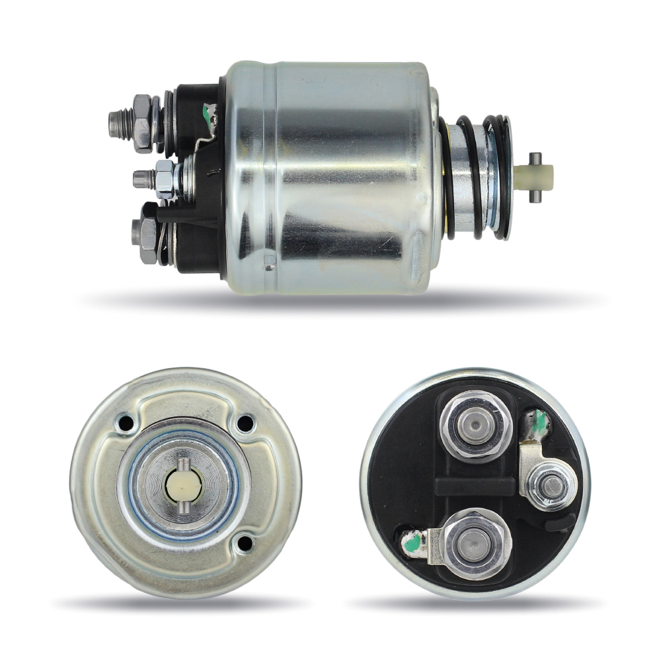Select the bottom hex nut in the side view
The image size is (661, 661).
pos(147,233)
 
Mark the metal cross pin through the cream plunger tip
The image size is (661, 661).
pos(535,159)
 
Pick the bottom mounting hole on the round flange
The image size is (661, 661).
pos(245,543)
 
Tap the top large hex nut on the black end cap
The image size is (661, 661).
pos(475,424)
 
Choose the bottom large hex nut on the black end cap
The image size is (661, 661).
pos(476,543)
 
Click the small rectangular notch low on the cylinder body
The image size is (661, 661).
pos(269,266)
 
